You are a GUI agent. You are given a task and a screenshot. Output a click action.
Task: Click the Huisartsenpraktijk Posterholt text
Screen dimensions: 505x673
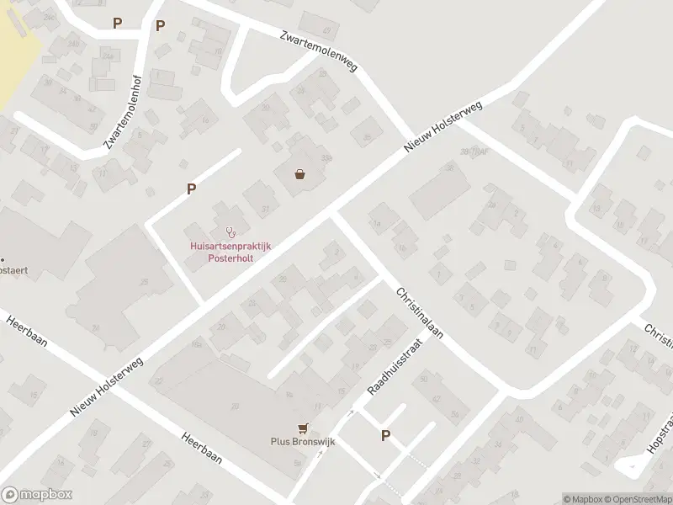click(226, 252)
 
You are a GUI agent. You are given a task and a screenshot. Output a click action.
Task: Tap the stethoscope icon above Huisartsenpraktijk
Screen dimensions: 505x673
click(229, 231)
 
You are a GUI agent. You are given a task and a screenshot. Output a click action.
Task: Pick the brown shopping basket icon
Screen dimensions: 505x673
click(299, 175)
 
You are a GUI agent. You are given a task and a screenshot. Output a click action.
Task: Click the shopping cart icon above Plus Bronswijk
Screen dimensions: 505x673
click(301, 427)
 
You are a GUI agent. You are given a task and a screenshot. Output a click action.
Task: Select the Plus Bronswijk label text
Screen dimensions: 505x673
click(301, 441)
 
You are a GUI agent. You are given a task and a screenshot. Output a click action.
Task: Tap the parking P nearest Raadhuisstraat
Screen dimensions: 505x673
click(386, 435)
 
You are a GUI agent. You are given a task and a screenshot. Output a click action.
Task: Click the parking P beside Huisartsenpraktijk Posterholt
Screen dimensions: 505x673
click(192, 189)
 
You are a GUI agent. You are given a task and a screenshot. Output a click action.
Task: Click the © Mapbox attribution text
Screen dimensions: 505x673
click(581, 499)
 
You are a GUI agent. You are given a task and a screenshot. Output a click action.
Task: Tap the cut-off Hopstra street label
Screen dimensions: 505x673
click(656, 446)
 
